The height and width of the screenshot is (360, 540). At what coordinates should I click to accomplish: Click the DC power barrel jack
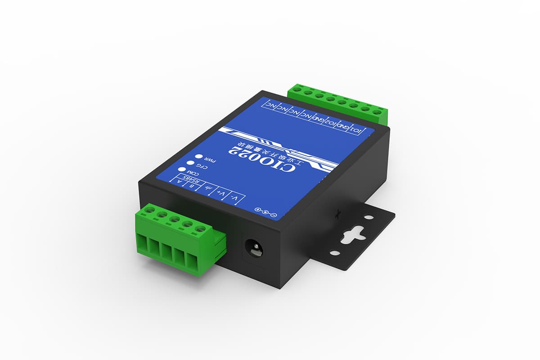[x=253, y=248]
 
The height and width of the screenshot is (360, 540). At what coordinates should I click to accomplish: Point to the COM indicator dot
[x=182, y=170]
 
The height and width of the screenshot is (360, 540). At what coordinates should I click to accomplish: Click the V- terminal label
[x=234, y=198]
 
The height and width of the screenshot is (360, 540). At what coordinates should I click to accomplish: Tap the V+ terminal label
[x=221, y=193]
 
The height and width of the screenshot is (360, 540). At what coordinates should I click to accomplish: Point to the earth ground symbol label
[x=207, y=189]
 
